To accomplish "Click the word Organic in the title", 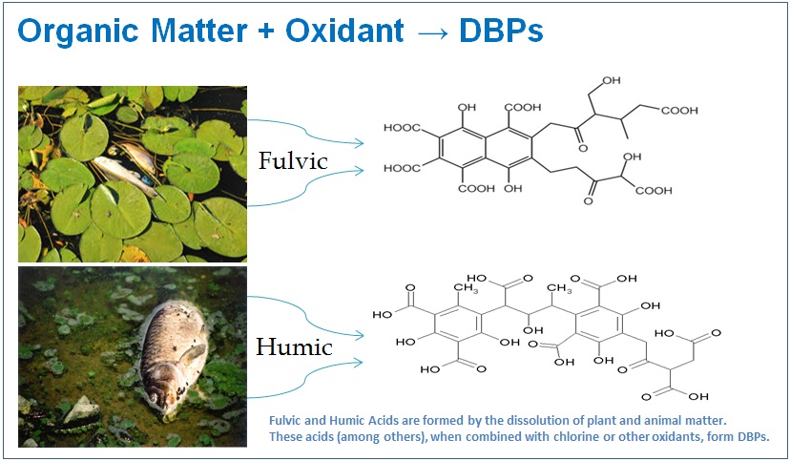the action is (78, 31).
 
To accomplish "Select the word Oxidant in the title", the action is (344, 30).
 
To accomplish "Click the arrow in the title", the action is (432, 32).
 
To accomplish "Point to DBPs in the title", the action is (501, 30).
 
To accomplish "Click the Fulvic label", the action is (293, 160).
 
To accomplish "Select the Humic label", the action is (294, 346).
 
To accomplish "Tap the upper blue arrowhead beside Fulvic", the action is (359, 143).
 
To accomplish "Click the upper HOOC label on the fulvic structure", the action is (402, 128).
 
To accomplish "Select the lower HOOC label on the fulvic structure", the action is (402, 168).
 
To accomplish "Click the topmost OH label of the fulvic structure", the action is (611, 80).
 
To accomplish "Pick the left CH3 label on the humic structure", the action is (466, 288).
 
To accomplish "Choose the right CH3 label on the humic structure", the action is (559, 288).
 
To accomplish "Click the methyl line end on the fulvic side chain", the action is (628, 138).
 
